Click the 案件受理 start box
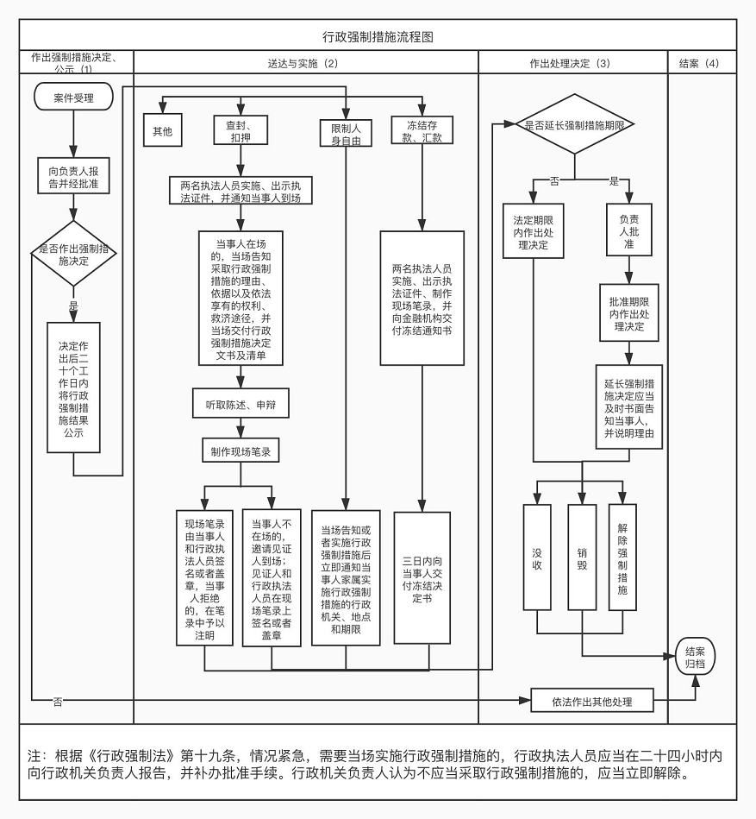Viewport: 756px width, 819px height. [x=73, y=98]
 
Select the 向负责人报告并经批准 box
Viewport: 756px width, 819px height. [x=73, y=176]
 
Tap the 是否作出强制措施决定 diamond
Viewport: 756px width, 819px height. [x=73, y=254]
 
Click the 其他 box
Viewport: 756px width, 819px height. [x=163, y=130]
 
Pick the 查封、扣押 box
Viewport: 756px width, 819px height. [x=241, y=130]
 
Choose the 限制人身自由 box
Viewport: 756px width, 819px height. [x=346, y=133]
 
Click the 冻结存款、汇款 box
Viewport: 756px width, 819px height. [x=422, y=130]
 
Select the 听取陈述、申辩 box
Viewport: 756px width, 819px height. [x=241, y=403]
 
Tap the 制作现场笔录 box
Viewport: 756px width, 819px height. [x=241, y=450]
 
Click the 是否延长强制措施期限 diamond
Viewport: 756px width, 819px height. [x=574, y=124]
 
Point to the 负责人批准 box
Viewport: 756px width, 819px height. [x=629, y=230]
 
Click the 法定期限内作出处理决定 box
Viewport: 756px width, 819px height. [x=534, y=231]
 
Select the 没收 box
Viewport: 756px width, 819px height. [x=537, y=558]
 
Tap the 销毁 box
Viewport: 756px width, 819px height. [x=582, y=558]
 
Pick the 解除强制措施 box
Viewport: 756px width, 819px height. [x=622, y=558]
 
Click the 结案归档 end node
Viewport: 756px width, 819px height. [x=695, y=657]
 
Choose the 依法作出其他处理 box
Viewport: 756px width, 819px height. [x=592, y=701]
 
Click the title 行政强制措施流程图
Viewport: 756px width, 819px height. [x=378, y=36]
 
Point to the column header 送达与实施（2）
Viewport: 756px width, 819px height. [x=303, y=63]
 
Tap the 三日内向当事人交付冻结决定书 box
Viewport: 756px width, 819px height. [x=422, y=578]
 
